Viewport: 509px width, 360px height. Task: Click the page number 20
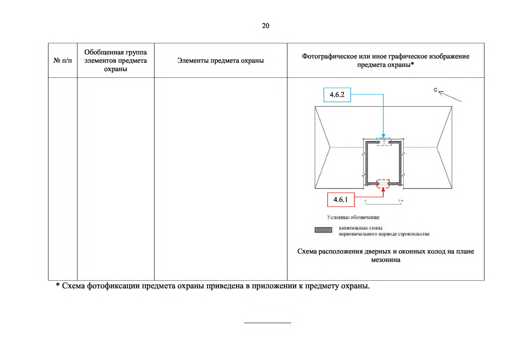pos(265,26)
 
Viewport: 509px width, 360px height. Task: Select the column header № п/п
pos(63,61)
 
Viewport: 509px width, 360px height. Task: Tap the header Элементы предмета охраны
pos(220,61)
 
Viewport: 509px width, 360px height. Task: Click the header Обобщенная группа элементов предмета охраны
pos(115,61)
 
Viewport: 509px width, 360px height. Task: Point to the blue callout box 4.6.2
pos(337,95)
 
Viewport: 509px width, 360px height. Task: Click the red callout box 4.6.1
pos(341,200)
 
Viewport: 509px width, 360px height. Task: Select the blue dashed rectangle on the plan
pos(384,142)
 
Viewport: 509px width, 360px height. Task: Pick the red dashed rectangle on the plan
pos(383,184)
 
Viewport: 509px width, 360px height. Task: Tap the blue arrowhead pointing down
pos(383,136)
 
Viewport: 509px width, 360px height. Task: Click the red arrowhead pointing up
pos(383,190)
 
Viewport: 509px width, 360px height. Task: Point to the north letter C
pos(435,90)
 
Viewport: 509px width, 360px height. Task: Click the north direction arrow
pos(450,97)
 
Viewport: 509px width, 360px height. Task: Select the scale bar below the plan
pos(383,204)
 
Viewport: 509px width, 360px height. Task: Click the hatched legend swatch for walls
pos(323,230)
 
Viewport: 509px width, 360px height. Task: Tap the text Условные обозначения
pos(353,217)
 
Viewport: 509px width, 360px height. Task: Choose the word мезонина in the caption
pos(385,260)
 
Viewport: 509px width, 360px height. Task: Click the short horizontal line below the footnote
pos(268,323)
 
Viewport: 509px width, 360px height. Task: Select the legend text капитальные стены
pos(361,228)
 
